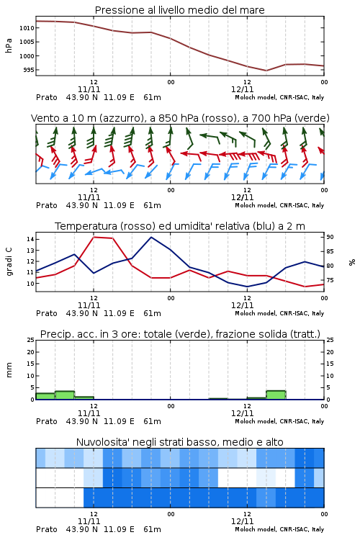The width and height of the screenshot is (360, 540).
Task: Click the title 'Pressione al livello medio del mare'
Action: [179, 10]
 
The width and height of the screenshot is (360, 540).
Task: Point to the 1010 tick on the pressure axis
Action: [27, 28]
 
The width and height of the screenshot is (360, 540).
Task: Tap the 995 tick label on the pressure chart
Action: [28, 70]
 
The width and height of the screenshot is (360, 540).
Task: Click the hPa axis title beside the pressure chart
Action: [9, 45]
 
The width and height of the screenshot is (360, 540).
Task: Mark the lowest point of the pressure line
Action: [266, 71]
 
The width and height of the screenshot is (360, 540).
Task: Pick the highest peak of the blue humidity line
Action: [151, 238]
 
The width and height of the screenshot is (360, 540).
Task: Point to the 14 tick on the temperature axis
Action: [30, 239]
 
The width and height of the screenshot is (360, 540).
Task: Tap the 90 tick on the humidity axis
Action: [330, 237]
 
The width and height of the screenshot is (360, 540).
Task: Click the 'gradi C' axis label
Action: [9, 261]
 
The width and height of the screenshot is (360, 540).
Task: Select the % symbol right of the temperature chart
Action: [352, 262]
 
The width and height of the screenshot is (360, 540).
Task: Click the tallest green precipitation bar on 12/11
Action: [276, 395]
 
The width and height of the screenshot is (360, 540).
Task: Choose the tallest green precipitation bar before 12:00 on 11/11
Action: [65, 395]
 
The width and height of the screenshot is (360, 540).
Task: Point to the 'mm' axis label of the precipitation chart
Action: [9, 369]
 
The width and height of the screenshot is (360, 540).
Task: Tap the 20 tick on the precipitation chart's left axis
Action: [30, 352]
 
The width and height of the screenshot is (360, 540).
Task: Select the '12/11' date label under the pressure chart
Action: [242, 89]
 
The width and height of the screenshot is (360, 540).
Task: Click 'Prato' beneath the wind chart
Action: [47, 206]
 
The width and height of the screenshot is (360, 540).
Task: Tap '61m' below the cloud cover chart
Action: [152, 529]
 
